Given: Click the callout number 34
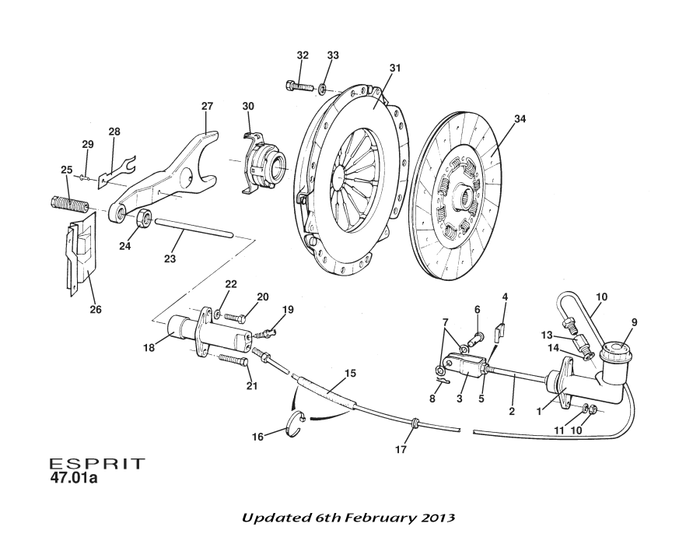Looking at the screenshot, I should coord(520,119).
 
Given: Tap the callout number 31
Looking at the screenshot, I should coord(395,69).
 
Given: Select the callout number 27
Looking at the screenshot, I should coord(207,106).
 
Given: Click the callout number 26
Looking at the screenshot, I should coord(96,310).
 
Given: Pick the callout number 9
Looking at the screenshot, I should coord(634,322).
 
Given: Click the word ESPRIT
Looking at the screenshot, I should coord(97,463).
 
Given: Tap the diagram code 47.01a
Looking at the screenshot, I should coord(75,478).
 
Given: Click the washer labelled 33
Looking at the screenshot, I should coord(323,87).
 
